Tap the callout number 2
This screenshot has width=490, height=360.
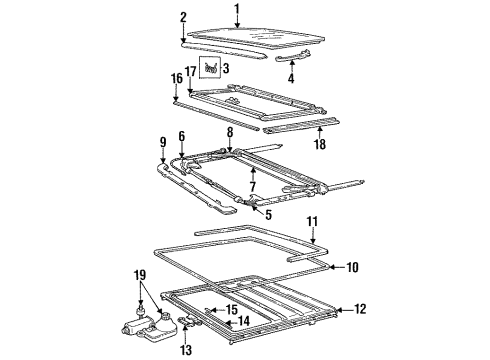pyautogui.click(x=183, y=17)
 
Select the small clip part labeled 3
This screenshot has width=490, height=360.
pyautogui.click(x=212, y=68)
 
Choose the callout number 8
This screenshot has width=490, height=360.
pyautogui.click(x=230, y=130)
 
